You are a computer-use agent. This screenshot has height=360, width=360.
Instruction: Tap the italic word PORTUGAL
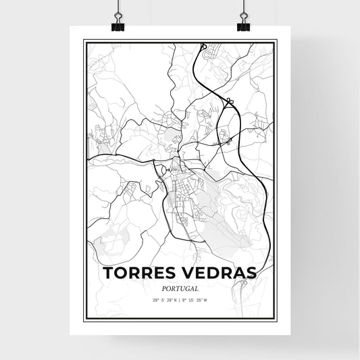tap(180, 287)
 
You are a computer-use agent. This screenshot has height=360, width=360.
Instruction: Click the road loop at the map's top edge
tap(203, 47)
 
